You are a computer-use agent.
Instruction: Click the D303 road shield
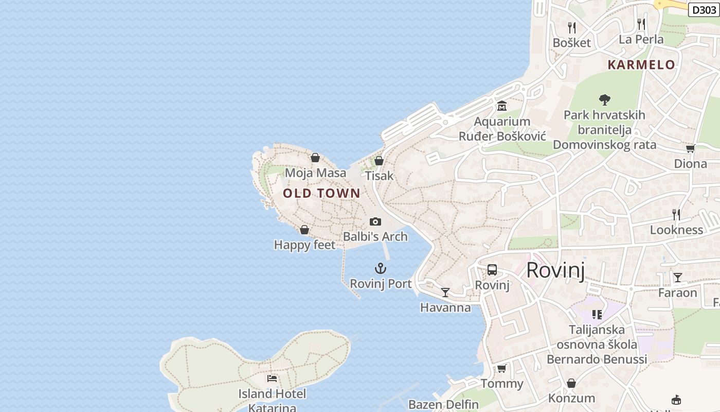coord(704,10)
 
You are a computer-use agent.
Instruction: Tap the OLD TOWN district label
coord(321,194)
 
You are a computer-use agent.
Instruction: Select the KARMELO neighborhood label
coord(641,65)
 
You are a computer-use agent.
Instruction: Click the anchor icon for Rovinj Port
coord(380,268)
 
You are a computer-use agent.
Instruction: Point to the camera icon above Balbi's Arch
coord(375,221)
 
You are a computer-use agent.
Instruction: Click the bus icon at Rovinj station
coord(492,270)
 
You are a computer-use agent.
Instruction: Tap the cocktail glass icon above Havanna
coord(445,293)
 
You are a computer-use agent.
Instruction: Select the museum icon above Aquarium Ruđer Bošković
coord(502,106)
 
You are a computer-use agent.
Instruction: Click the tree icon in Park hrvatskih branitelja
coord(604,99)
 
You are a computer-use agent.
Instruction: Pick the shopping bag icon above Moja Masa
coord(315,158)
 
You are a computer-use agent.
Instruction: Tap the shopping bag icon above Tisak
coord(379,161)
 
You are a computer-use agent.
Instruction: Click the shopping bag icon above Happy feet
coord(304,230)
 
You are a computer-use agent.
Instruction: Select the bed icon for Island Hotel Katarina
coord(272,379)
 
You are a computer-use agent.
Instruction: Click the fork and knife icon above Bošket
coord(571,27)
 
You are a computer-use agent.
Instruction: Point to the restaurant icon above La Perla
coord(641,24)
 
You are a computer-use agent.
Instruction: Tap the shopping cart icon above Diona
coord(690,148)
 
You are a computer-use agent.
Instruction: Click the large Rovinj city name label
coord(555,270)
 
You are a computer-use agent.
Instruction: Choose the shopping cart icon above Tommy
coord(501,368)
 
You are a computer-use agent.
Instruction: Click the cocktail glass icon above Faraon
coord(678,278)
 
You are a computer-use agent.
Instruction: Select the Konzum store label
coord(571,398)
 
